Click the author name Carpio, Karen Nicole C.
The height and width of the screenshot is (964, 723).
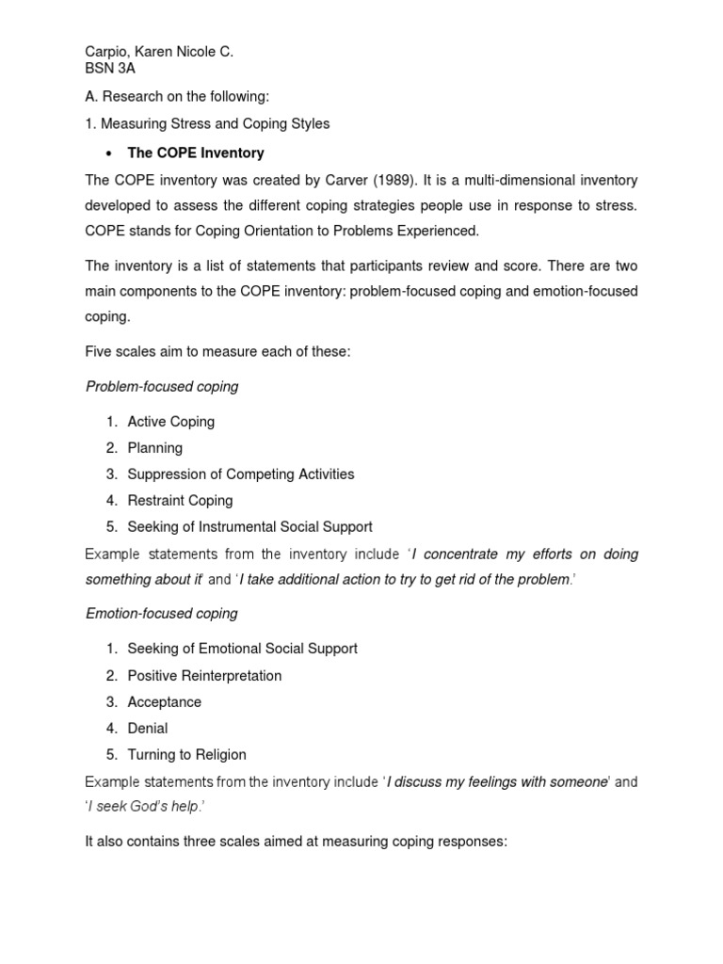(x=159, y=53)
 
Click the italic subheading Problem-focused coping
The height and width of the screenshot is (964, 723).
(x=162, y=387)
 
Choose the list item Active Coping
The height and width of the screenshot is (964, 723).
(x=170, y=422)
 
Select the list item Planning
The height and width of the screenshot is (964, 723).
(x=154, y=448)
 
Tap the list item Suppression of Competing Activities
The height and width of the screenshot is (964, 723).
(x=240, y=474)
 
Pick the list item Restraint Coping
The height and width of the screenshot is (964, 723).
(x=180, y=501)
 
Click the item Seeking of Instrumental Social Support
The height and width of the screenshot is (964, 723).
(x=249, y=527)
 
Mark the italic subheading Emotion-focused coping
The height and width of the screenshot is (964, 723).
(x=162, y=614)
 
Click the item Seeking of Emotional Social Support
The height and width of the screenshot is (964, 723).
(x=242, y=649)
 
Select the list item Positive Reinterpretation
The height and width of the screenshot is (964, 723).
(x=204, y=675)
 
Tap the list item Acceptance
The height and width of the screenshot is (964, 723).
(x=164, y=701)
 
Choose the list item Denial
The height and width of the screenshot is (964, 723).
(x=148, y=728)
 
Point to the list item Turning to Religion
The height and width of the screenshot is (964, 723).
(x=186, y=754)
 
